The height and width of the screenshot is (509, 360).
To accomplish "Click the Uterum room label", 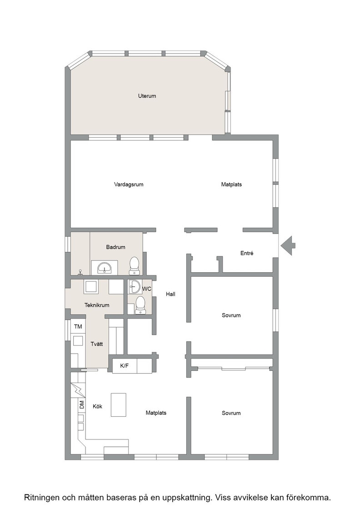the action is [147, 96].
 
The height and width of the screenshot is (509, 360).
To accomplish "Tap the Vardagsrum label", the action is [129, 185].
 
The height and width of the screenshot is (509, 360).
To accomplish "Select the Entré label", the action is [247, 253].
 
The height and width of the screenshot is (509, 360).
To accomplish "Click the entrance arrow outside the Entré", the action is [288, 245].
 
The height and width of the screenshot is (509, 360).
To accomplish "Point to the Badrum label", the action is [115, 247].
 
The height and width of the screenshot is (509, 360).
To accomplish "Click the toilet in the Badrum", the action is [135, 265].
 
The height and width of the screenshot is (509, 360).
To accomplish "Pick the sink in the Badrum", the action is [104, 268].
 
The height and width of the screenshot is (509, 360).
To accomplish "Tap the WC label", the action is [147, 289].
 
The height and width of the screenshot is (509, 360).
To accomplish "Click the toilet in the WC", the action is [140, 305].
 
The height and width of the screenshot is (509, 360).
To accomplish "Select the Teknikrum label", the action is [97, 305].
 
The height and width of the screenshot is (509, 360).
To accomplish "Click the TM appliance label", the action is [78, 327].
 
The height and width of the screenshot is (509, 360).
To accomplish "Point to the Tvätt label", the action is [97, 344].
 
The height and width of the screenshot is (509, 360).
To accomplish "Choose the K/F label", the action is [125, 366].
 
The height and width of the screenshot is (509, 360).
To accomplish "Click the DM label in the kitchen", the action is [82, 405].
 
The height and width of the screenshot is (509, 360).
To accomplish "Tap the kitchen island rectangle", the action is [119, 404].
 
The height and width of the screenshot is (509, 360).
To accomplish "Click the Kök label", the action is [97, 406].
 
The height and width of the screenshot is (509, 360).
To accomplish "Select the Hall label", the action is [170, 294].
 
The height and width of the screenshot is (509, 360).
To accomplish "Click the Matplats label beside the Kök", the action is [156, 413].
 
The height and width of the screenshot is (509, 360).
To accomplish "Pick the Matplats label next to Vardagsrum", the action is [231, 185].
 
